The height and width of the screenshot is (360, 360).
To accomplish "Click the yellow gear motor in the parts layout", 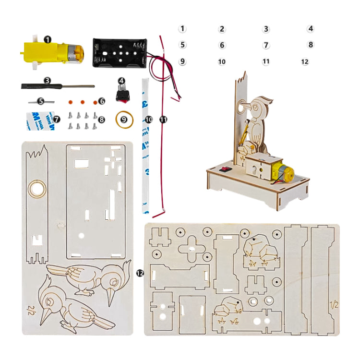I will (50, 52).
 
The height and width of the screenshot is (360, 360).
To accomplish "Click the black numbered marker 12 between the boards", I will (140, 273).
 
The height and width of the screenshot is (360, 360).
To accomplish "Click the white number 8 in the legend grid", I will (311, 45).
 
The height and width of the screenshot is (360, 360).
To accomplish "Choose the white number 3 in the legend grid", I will (266, 29).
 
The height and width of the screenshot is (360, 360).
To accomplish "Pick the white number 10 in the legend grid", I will (222, 62).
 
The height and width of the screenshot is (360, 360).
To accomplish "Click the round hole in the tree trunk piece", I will (36, 189).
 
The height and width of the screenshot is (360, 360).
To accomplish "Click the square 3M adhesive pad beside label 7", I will (39, 119).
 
